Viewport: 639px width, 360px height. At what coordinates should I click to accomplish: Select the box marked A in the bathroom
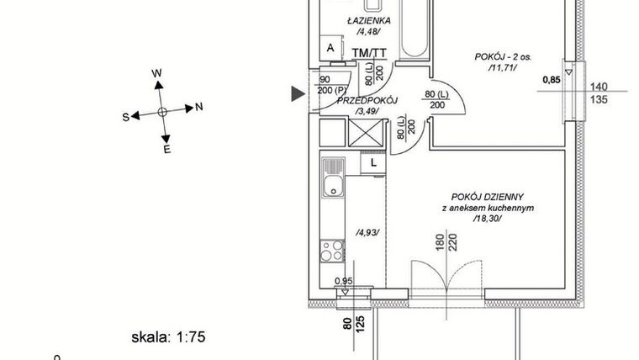coord(330,49)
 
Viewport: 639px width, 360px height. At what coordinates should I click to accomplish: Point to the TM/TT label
coord(368,54)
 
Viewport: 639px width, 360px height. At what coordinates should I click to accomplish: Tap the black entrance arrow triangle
coord(298,94)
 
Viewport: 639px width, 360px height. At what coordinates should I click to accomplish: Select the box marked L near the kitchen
coord(372,162)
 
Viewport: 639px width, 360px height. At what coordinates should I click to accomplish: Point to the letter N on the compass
coord(198,107)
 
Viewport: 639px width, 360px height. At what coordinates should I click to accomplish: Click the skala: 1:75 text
coord(168,338)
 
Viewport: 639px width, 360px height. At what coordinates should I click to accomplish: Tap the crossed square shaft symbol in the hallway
coord(365,132)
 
